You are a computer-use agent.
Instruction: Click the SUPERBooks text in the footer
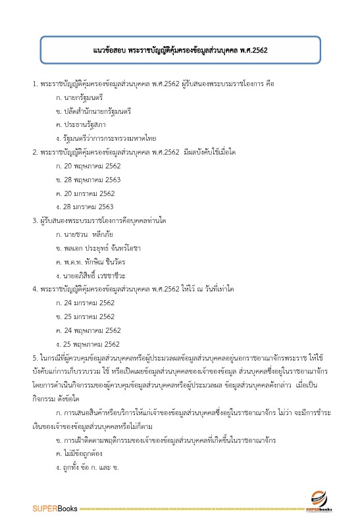pyautogui.click(x=55, y=509)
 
